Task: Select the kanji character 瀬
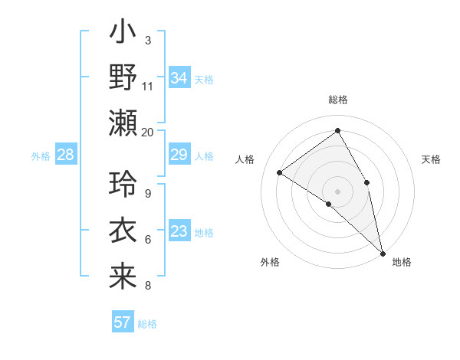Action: [123, 123]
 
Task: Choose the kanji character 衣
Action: [123, 230]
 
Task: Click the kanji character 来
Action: [123, 276]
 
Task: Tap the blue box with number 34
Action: [179, 78]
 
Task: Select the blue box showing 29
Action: [179, 155]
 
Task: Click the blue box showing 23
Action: [179, 232]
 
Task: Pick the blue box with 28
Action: [65, 155]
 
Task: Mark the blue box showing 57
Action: [122, 322]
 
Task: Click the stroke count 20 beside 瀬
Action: [148, 132]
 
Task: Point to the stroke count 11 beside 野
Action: [148, 86]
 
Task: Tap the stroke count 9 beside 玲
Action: [148, 194]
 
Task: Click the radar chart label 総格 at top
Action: [337, 100]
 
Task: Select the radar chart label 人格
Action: [245, 159]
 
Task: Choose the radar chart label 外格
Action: [270, 262]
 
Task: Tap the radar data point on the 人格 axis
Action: [280, 172]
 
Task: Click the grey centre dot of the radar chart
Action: [337, 191]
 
